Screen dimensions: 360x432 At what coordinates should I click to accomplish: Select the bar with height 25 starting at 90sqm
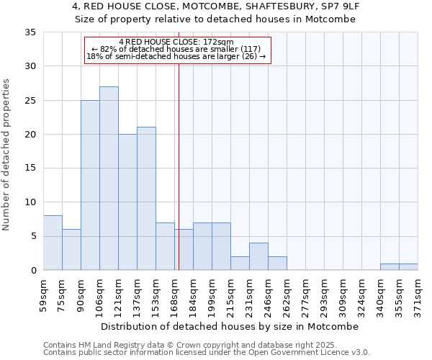(x=90, y=185)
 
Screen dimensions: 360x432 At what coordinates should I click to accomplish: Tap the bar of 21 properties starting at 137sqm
(x=146, y=199)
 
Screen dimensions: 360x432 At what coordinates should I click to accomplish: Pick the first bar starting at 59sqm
(x=53, y=243)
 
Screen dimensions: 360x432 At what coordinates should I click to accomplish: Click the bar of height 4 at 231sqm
(x=258, y=256)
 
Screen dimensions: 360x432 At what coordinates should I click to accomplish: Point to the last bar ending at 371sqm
(x=408, y=266)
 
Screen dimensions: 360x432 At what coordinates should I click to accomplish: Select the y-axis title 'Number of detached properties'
(x=6, y=154)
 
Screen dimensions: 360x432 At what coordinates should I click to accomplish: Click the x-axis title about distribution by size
(x=230, y=326)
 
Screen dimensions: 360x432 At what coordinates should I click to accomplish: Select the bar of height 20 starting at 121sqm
(x=127, y=202)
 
